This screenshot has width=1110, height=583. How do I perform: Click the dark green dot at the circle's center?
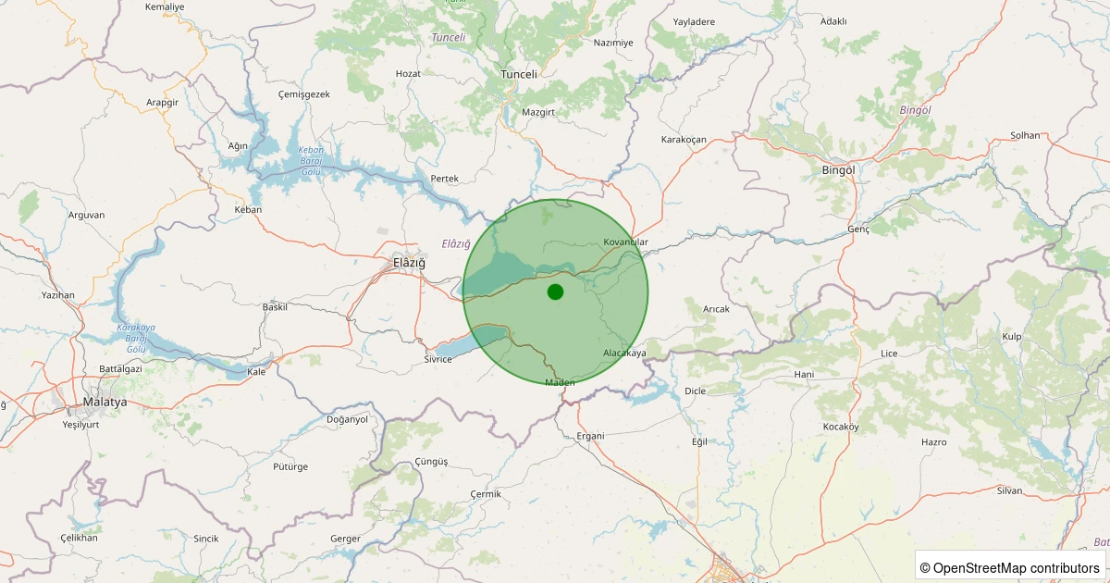(555, 292)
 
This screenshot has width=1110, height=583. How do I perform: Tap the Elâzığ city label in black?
(410, 263)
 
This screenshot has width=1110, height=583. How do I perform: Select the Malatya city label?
(105, 403)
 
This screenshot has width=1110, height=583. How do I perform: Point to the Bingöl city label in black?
(838, 170)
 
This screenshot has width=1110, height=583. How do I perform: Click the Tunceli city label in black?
(518, 74)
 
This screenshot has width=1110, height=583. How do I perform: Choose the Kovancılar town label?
(626, 242)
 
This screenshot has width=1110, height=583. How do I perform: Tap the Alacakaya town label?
(624, 354)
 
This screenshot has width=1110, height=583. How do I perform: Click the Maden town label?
(561, 382)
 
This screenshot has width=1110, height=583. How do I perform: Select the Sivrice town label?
(438, 359)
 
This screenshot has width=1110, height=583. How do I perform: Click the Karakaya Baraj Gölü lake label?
(136, 338)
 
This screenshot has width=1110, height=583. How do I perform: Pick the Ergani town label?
(590, 436)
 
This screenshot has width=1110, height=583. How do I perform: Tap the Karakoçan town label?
(684, 140)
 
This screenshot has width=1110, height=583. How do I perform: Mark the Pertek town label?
(445, 179)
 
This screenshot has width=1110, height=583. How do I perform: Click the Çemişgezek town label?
(303, 94)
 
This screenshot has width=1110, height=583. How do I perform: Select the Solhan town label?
(1025, 135)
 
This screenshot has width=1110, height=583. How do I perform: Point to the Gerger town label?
(345, 539)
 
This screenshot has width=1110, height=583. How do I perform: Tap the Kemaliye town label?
(165, 6)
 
